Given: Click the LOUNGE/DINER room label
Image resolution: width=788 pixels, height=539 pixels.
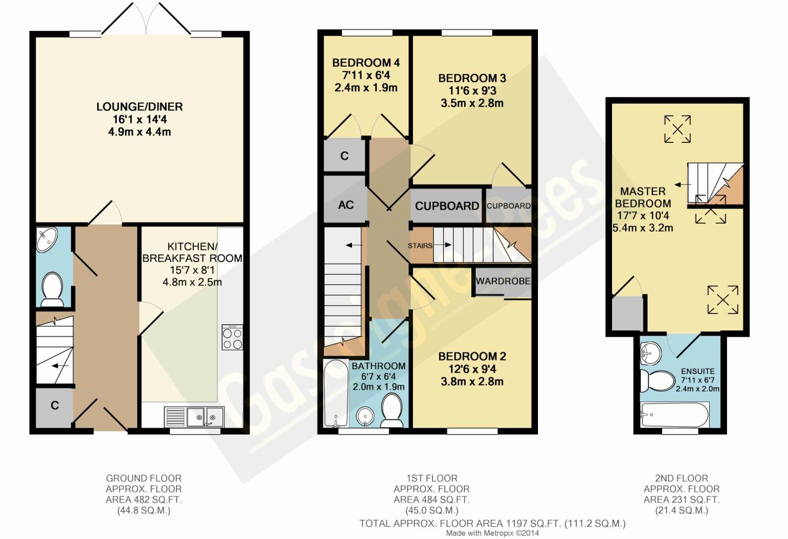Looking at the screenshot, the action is [140, 107].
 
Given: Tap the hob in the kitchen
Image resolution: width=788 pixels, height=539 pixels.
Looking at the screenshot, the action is [232, 337].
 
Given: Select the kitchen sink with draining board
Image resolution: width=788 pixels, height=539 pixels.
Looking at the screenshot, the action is [194, 417].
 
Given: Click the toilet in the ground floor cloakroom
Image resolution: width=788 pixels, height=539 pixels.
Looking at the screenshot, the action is [52, 289].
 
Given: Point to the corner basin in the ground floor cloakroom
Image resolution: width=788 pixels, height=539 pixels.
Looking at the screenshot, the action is [47, 239].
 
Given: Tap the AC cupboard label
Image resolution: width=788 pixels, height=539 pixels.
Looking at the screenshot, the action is [346, 205].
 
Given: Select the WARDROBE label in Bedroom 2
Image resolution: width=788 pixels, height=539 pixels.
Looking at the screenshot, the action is [503, 281].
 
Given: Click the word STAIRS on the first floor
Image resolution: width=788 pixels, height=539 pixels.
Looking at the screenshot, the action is [420, 245].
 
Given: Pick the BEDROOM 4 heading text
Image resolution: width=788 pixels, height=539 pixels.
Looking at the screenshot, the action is [366, 63].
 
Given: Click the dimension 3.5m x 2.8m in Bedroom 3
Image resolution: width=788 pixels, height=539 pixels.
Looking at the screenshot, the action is [472, 103].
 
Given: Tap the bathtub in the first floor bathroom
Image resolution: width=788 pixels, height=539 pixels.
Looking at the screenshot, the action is [336, 393].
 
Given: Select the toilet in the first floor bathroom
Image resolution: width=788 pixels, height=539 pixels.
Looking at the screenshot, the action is [391, 410].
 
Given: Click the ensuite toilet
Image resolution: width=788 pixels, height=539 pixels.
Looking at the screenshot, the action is [652, 381].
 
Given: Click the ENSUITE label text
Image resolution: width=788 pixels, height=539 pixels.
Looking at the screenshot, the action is [698, 371].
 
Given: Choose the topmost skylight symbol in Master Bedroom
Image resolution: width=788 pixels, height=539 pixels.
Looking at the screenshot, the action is [678, 129].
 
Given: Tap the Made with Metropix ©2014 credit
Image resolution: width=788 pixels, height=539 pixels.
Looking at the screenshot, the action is [493, 533].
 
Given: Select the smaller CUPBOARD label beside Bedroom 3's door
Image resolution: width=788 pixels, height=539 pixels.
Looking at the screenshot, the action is [509, 206].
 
